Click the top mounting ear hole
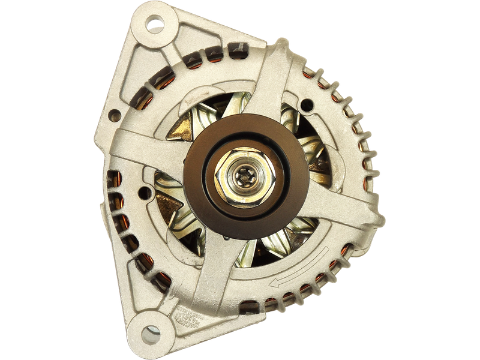[155, 26]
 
